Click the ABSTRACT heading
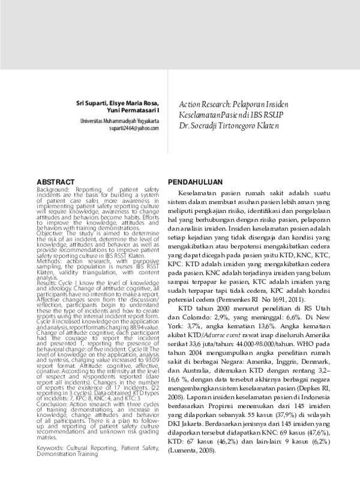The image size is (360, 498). click(x=56, y=181)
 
